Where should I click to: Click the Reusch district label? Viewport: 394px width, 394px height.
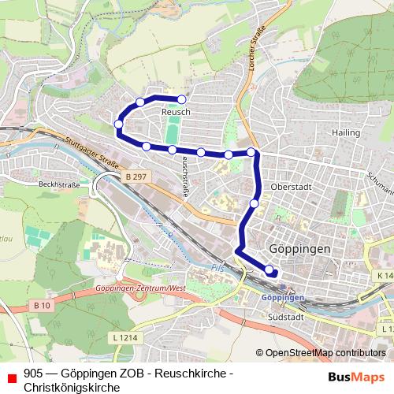point(176,113)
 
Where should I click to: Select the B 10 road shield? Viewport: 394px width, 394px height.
point(43,304)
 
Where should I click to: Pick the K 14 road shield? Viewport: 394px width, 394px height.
point(384,275)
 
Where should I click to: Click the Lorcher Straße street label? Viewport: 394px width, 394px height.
point(254,52)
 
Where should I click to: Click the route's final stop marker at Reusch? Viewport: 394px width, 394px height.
point(182,99)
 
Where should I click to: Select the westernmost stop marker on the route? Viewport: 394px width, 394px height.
point(118,124)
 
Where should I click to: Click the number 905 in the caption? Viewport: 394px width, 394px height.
point(34,374)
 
